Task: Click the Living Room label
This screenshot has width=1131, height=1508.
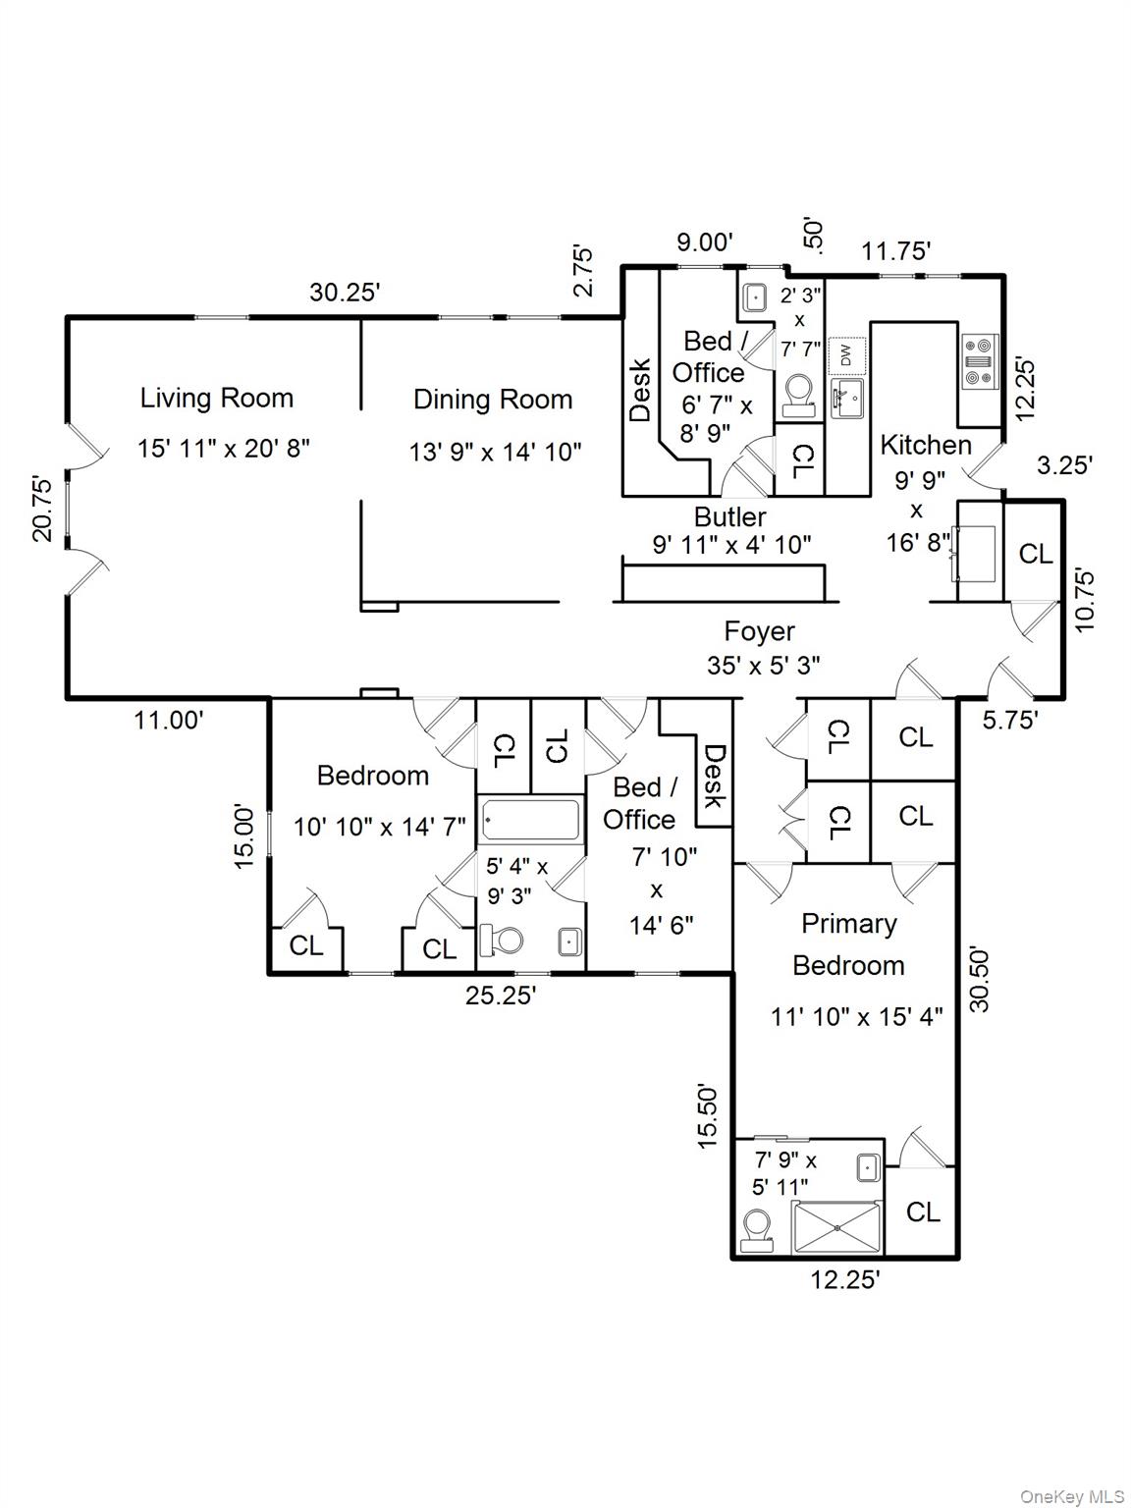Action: point(216,398)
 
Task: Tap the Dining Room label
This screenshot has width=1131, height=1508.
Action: point(492,400)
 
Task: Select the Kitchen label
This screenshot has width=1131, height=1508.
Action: point(925,445)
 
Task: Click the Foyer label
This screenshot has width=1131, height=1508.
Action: point(759,631)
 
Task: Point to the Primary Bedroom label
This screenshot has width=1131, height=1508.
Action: point(848,943)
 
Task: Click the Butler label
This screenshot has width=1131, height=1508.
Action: point(729,516)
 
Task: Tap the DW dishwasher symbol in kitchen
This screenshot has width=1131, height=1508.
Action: point(845,354)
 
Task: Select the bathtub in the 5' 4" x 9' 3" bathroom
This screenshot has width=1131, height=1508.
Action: point(530,820)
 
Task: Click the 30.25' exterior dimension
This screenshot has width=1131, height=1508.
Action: point(345,292)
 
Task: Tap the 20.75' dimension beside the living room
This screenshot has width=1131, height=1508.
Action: point(42,508)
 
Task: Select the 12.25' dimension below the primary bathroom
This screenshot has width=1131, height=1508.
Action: point(844,1279)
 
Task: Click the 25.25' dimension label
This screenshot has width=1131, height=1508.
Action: point(500,996)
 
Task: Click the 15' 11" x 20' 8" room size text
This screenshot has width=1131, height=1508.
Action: point(223,449)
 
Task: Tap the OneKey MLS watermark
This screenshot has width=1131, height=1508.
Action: point(1072,1496)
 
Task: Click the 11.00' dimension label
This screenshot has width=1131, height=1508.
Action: point(169,720)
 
